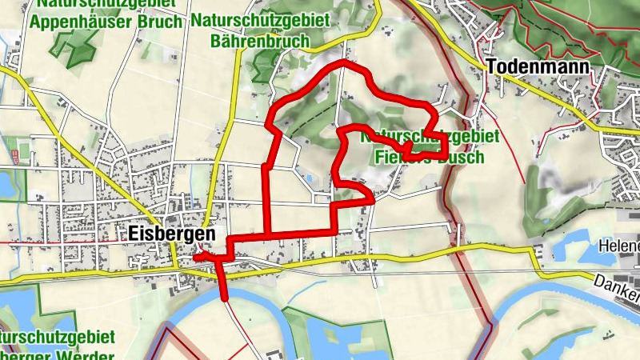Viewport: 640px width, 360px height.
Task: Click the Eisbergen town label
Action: (171, 234)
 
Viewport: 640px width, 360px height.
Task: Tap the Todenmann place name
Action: (538, 67)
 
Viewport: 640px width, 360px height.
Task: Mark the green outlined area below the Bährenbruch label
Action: (264, 68)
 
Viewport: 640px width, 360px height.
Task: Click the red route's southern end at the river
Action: (225, 298)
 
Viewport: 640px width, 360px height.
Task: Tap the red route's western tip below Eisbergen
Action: (196, 256)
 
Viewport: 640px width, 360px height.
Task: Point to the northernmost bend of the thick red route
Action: (344, 62)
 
